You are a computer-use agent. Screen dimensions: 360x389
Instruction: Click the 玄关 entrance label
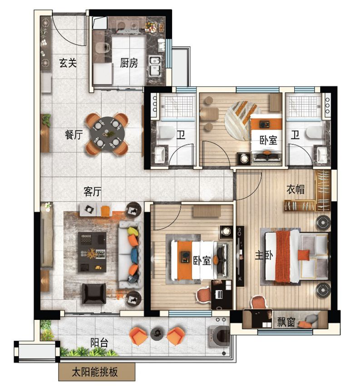click(x=68, y=63)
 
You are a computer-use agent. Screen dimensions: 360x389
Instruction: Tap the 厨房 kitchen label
click(x=129, y=63)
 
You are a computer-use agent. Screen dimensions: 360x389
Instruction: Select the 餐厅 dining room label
click(x=74, y=135)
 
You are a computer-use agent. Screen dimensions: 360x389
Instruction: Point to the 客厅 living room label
click(x=92, y=191)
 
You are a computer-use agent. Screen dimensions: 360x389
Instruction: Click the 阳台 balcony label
click(x=99, y=343)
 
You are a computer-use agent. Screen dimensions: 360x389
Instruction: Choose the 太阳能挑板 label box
click(x=97, y=372)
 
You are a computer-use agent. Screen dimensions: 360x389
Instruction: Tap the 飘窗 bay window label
click(x=286, y=322)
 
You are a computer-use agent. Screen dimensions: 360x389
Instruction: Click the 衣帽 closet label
click(x=296, y=190)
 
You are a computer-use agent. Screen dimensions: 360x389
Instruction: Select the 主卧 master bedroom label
click(x=264, y=255)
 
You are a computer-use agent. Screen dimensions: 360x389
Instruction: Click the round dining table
click(x=107, y=134)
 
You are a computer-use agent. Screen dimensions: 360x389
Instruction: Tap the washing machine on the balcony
click(x=219, y=336)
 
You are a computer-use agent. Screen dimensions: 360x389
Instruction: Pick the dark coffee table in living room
click(x=92, y=252)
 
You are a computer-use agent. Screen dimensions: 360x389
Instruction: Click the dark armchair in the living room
click(x=94, y=294)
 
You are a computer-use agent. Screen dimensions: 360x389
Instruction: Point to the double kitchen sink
click(x=155, y=66)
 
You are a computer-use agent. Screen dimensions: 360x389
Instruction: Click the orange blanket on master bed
click(x=283, y=256)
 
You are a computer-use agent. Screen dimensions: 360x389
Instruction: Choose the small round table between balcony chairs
click(x=157, y=334)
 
